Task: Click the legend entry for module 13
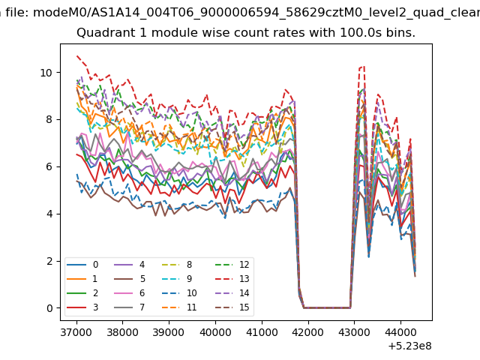point(232,278)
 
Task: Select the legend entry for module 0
point(82,265)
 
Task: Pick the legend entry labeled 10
point(180,293)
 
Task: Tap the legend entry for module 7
point(130,307)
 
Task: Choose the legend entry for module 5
point(130,278)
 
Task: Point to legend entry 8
point(178,265)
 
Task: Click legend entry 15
point(232,307)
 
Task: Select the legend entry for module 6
point(130,293)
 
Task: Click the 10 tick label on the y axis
point(46,73)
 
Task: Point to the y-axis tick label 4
point(49,214)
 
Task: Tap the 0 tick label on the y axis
point(49,308)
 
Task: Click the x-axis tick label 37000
point(76,332)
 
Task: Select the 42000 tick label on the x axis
point(307,332)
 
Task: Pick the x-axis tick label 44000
point(400,332)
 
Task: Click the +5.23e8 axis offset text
point(410,346)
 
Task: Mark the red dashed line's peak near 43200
point(364,66)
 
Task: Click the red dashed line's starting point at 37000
point(76,55)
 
